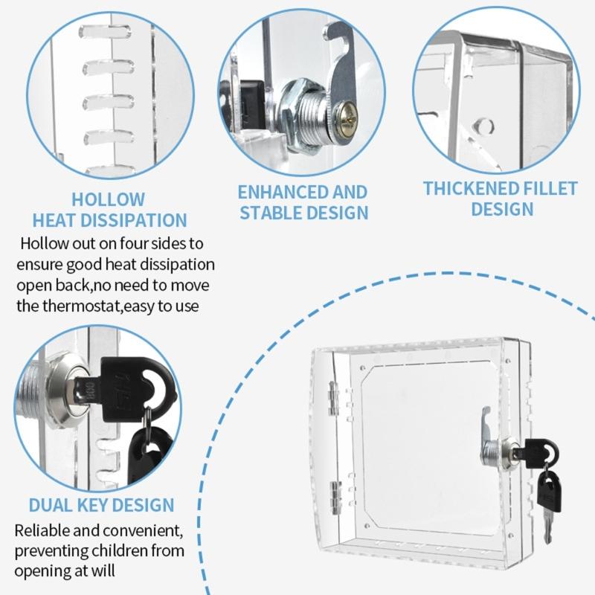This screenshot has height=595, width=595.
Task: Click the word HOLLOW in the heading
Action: (109, 199)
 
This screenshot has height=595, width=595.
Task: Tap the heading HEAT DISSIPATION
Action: (109, 220)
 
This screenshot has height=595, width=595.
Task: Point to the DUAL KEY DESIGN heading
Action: (101, 506)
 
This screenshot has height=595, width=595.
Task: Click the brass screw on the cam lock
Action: (347, 113)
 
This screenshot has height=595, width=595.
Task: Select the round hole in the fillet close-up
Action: (485, 124)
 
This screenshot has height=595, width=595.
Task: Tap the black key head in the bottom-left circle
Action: (138, 380)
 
